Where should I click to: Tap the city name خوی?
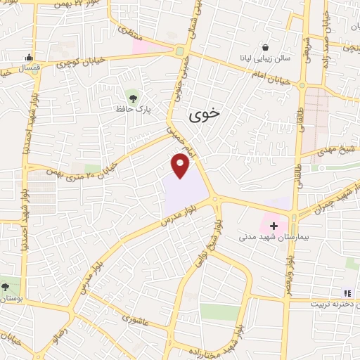(x=205, y=112)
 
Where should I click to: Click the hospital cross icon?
(x=274, y=226)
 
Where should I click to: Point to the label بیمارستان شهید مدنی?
(x=274, y=239)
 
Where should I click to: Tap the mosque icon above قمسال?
(x=28, y=57)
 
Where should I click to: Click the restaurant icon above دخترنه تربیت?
(x=347, y=292)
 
